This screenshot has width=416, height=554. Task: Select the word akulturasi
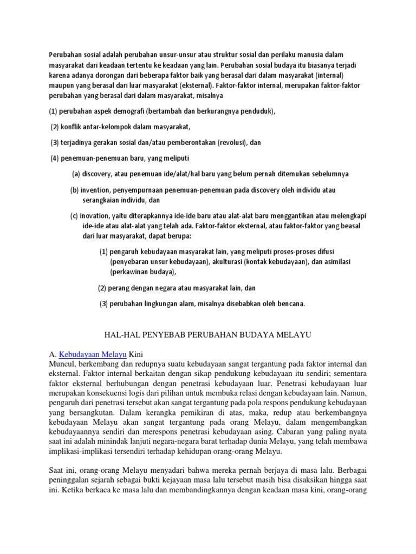coord(231,261)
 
